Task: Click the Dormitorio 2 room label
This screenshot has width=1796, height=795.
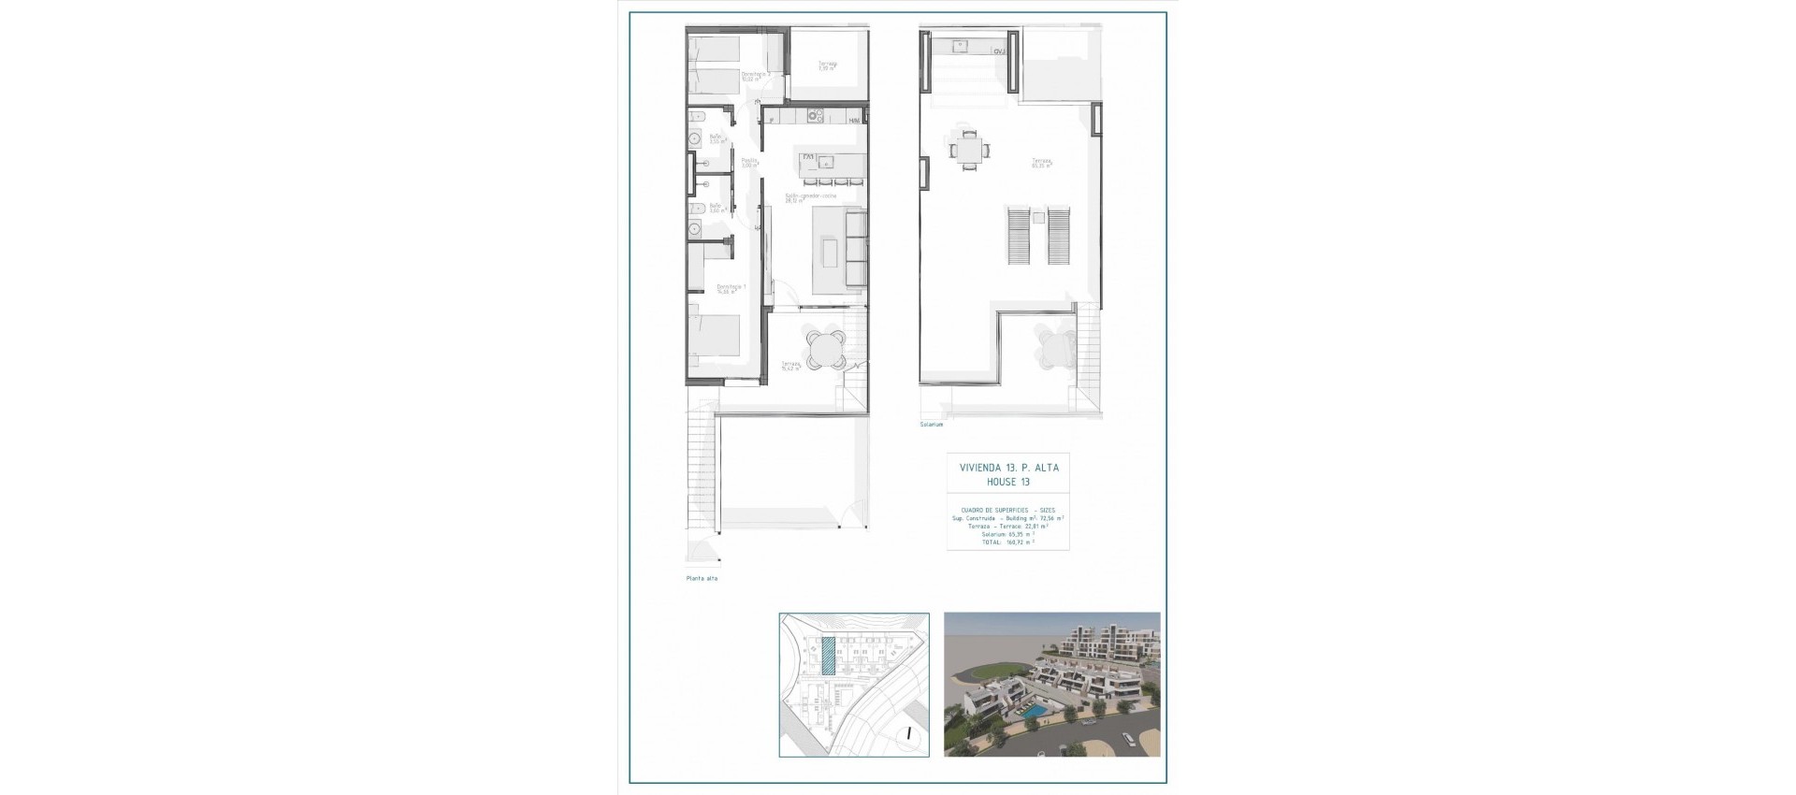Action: click(755, 75)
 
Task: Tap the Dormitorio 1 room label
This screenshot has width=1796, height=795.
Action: click(730, 288)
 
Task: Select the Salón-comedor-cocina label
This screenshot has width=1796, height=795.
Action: click(810, 197)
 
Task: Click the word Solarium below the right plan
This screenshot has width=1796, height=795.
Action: click(931, 425)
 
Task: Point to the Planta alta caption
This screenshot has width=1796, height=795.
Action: click(702, 579)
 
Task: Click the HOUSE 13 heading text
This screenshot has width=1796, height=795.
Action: click(1008, 482)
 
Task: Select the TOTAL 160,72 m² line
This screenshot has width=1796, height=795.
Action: click(1007, 542)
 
